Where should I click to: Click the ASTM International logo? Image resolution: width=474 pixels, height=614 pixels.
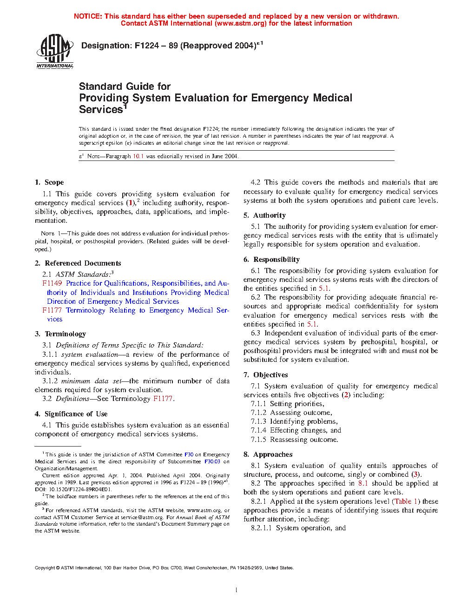click(x=55, y=52)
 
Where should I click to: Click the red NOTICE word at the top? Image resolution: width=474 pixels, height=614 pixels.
click(x=88, y=16)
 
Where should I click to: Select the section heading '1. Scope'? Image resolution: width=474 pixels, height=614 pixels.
click(x=49, y=182)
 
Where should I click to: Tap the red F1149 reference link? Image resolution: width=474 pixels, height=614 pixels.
click(x=52, y=283)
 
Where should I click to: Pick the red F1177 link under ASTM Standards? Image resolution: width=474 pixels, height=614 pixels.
click(x=52, y=310)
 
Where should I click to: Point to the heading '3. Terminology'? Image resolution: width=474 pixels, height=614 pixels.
click(x=60, y=334)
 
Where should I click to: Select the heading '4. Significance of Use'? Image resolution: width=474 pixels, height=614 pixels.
click(x=71, y=414)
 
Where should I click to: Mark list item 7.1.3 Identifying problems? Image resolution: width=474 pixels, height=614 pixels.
click(x=294, y=421)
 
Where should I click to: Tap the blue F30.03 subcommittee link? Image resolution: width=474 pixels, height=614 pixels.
click(x=212, y=462)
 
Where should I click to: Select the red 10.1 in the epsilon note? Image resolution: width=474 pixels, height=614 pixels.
click(x=138, y=156)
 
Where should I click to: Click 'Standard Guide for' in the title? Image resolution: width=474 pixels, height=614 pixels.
click(x=125, y=87)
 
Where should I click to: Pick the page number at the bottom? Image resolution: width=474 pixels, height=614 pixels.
click(x=237, y=590)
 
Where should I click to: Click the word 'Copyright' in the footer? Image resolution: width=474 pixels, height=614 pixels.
click(x=45, y=568)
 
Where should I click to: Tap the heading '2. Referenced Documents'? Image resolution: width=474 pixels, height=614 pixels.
click(x=78, y=263)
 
